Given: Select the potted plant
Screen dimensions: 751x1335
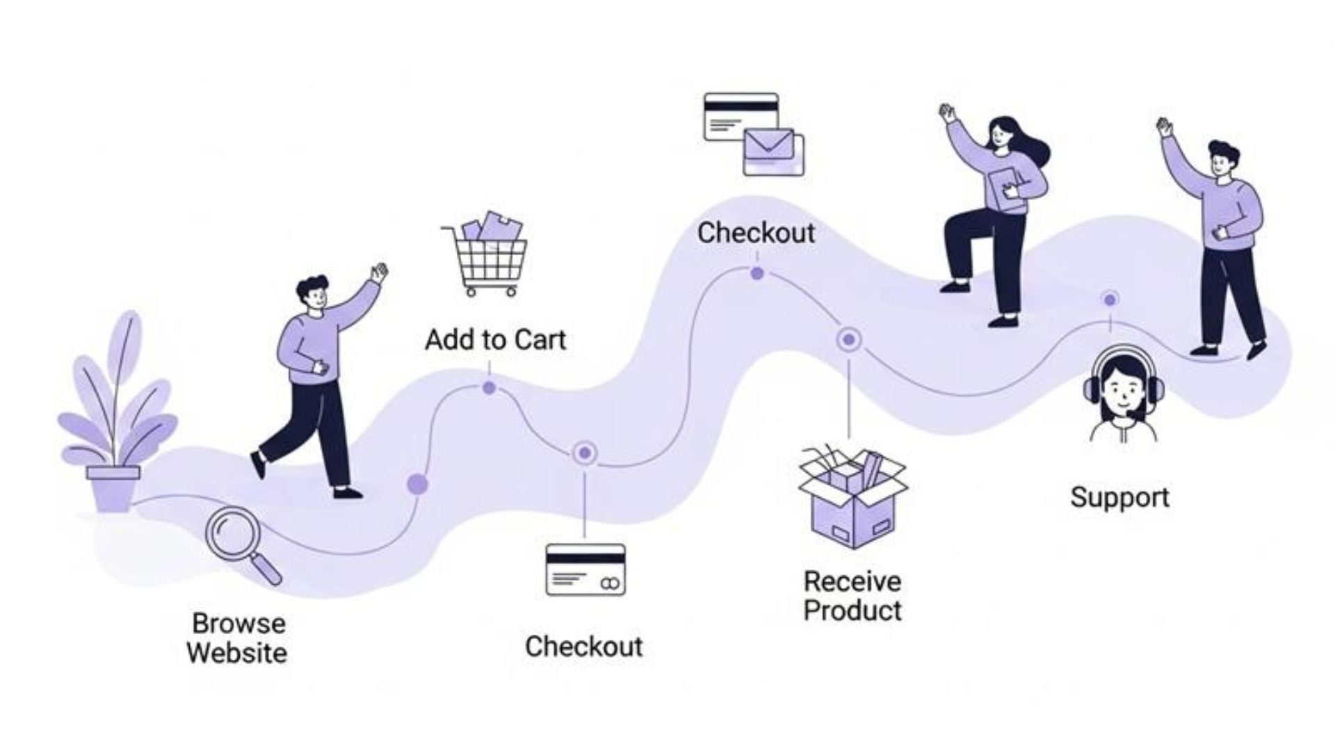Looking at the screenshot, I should [x=115, y=417].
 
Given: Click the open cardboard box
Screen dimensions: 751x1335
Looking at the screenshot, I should [x=852, y=498].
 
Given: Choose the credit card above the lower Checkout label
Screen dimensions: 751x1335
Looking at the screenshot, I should [x=585, y=570].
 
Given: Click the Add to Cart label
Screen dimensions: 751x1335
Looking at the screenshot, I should [x=495, y=340].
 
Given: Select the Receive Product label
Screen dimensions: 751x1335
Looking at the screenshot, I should [x=852, y=596].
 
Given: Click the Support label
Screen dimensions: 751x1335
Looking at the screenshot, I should [x=1119, y=497].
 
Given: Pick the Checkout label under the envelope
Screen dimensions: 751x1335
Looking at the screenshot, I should [x=756, y=233].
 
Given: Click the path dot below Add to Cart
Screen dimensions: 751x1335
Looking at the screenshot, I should [x=489, y=388].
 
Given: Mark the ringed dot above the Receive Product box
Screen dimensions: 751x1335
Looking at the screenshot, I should [x=848, y=340].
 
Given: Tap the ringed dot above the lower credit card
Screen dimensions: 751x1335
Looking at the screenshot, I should [x=585, y=453].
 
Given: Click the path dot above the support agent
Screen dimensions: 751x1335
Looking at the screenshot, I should [x=1110, y=300].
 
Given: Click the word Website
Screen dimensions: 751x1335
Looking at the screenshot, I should [x=236, y=653].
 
